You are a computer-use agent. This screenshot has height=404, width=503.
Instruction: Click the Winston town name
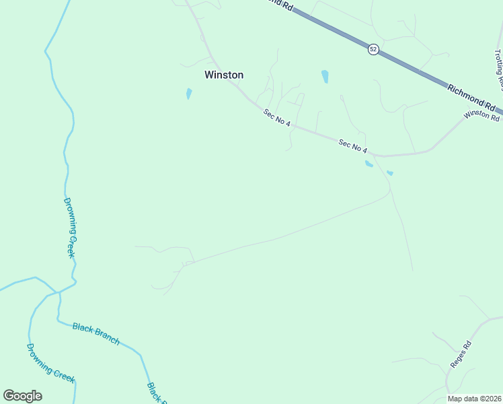(224, 75)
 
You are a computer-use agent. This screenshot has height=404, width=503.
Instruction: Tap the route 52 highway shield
(373, 49)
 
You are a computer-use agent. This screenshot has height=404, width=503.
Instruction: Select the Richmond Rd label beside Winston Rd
(471, 97)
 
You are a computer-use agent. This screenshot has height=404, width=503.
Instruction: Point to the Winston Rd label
(481, 115)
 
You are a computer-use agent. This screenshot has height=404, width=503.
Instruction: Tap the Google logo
(23, 395)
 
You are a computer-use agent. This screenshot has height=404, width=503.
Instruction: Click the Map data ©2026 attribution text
(474, 399)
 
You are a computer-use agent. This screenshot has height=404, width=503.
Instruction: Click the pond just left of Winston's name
(189, 94)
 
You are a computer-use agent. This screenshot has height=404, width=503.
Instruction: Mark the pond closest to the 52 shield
(325, 76)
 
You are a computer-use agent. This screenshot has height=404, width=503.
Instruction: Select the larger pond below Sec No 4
(369, 164)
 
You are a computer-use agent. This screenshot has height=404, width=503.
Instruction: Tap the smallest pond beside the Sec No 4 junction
(390, 173)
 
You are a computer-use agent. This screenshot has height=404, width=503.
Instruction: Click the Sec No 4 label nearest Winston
(276, 118)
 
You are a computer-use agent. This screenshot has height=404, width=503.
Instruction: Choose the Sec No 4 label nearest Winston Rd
(353, 145)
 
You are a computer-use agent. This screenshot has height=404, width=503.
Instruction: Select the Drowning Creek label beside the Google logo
(50, 364)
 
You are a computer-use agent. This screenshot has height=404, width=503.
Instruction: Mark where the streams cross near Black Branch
(59, 292)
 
